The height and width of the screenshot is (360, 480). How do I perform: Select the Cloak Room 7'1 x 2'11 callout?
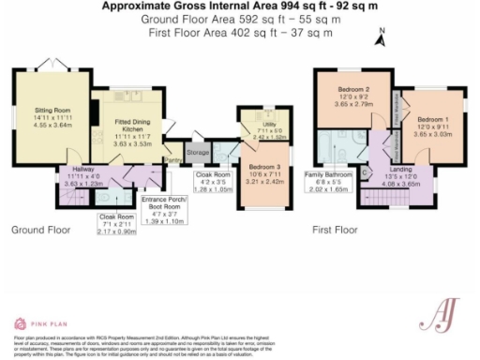pos(117,224)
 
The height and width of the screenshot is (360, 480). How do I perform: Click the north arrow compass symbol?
pos(381,38)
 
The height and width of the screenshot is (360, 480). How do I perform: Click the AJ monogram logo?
pos(444,310)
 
